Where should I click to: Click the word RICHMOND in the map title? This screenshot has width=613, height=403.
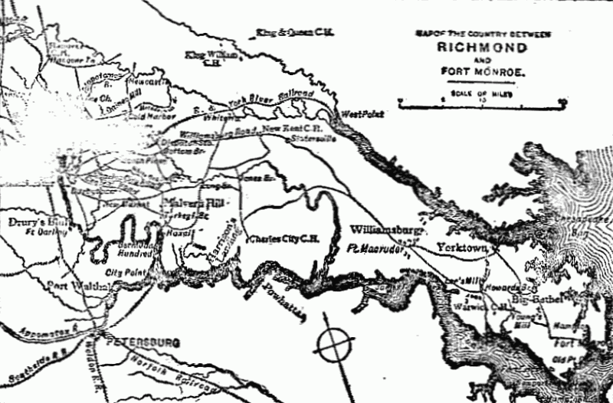tap(482, 48)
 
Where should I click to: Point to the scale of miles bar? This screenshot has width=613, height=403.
tap(482, 102)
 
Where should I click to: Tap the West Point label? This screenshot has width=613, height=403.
tap(362, 113)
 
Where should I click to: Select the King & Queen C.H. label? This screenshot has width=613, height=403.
tap(288, 33)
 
